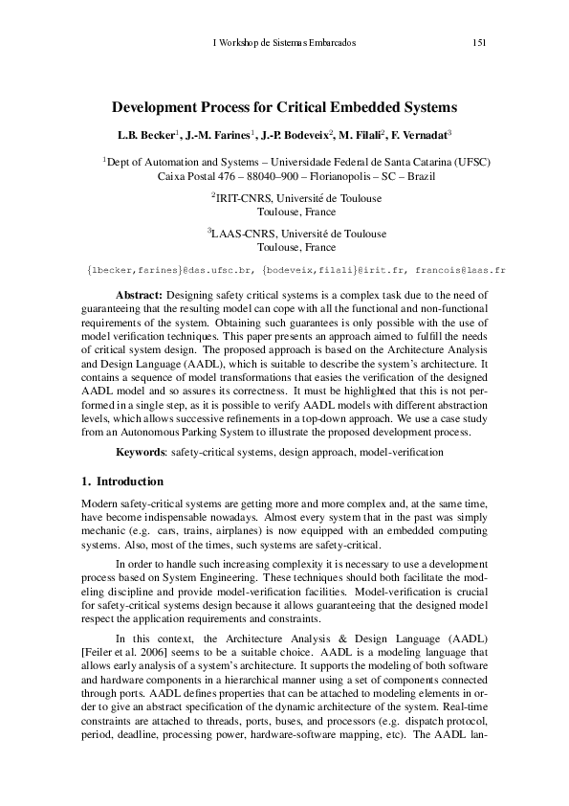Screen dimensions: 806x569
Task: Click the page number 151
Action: click(x=480, y=41)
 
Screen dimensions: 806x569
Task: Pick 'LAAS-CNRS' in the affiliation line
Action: click(x=237, y=234)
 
